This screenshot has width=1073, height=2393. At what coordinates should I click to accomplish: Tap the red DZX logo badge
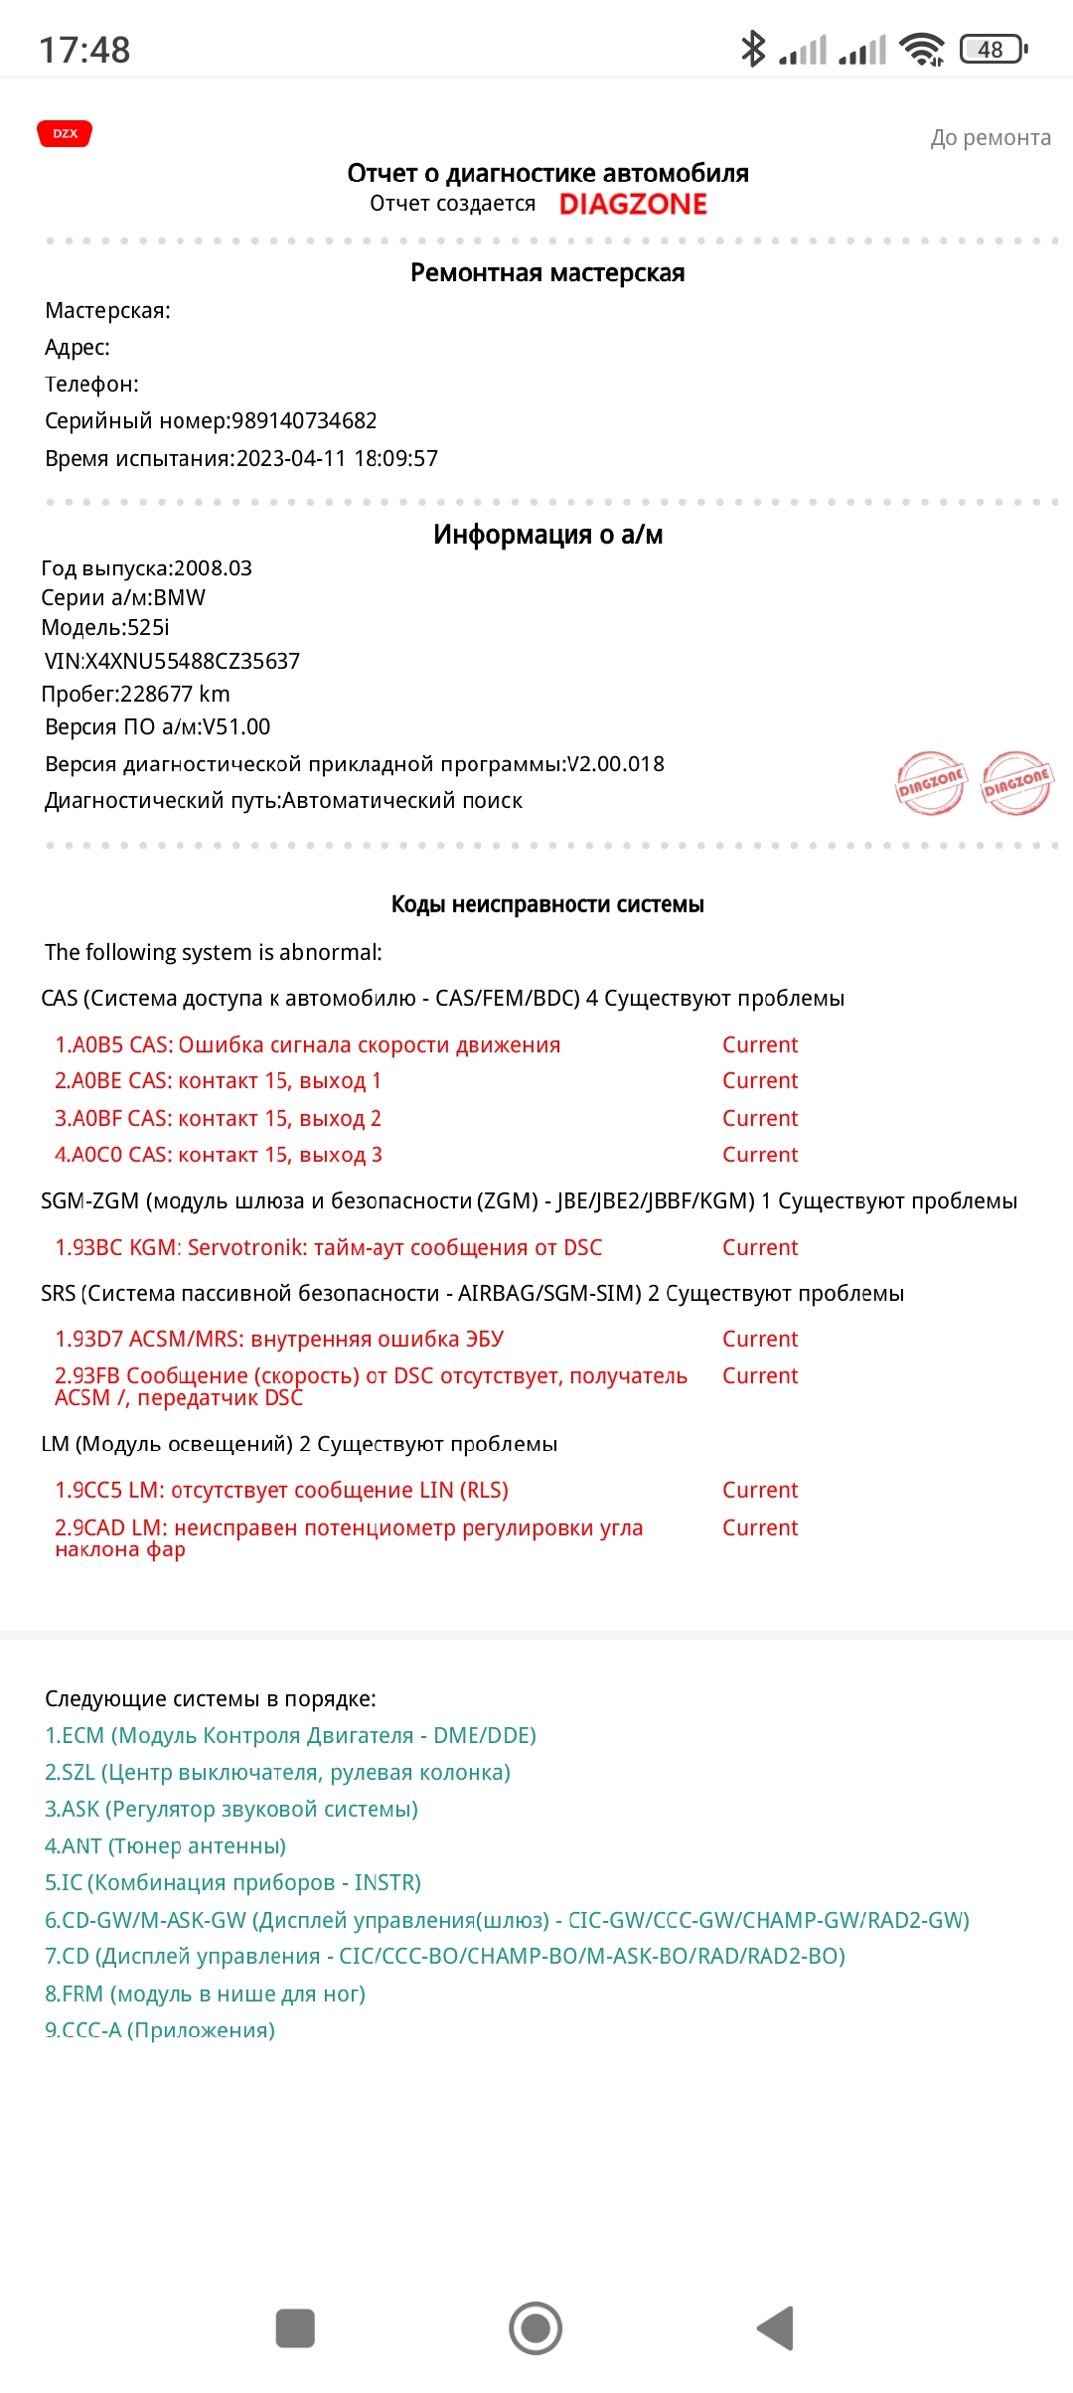65,133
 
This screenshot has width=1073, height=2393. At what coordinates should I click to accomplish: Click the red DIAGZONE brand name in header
633,204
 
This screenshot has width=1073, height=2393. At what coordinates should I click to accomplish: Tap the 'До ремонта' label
990,138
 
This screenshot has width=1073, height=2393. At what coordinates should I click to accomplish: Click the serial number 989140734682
304,420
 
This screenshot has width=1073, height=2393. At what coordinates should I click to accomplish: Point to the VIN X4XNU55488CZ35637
206,661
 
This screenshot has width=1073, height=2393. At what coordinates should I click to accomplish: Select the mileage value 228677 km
175,694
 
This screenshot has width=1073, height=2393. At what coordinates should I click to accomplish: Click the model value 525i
148,627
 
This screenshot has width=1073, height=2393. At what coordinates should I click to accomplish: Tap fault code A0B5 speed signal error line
308,1044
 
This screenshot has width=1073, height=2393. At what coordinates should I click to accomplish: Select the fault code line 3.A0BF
219,1118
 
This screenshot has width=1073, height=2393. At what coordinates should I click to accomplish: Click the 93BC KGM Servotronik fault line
329,1247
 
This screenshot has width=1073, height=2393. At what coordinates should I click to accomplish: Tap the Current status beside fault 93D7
760,1339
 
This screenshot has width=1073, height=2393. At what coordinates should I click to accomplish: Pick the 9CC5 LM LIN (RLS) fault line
282,1490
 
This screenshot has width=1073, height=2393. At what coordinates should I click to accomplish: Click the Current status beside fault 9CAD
760,1527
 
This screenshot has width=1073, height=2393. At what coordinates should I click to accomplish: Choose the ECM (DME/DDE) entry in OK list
290,1735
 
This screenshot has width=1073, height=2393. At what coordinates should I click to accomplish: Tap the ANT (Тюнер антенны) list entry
165,1845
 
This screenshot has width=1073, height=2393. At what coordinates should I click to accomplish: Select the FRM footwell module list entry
205,1994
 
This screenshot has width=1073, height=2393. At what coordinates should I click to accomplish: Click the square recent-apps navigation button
295,2328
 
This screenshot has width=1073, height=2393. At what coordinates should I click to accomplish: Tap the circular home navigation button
536,2328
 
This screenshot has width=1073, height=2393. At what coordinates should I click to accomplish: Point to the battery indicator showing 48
993,49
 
